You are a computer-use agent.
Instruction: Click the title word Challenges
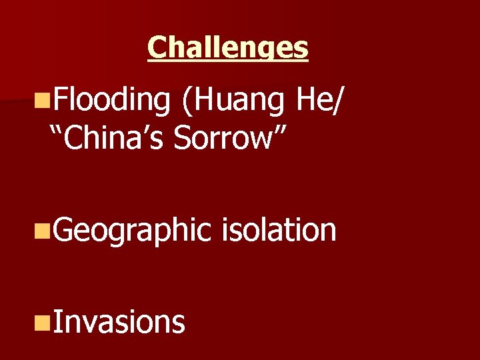[x=228, y=47]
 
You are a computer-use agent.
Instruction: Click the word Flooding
[x=111, y=101]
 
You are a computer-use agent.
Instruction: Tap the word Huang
[x=237, y=101]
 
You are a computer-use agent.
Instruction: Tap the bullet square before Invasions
[x=43, y=323]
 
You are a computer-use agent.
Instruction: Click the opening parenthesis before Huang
[x=185, y=101]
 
